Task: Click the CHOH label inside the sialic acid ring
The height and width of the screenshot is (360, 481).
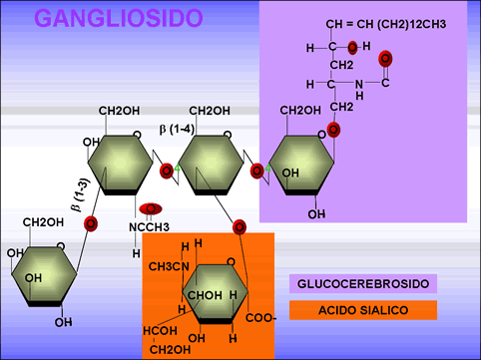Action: pos(205,296)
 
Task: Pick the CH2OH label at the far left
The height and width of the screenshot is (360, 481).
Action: pos(44,221)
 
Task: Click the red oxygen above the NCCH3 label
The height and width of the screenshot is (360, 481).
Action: pos(151,208)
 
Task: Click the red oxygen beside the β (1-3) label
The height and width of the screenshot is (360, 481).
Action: pos(91,222)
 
